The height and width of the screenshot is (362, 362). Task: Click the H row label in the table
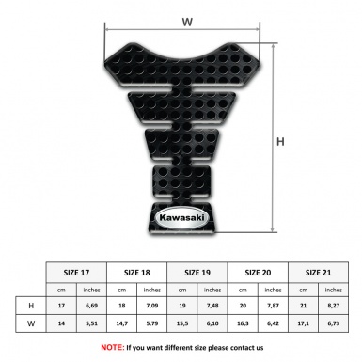(x=32, y=306)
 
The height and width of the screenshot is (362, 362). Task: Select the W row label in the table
(x=32, y=324)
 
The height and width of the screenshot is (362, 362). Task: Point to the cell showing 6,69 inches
(x=92, y=306)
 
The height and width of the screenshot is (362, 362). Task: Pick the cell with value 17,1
(x=304, y=324)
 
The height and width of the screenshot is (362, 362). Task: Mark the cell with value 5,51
(x=92, y=324)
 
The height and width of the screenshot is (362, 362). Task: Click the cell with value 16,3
(x=244, y=324)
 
